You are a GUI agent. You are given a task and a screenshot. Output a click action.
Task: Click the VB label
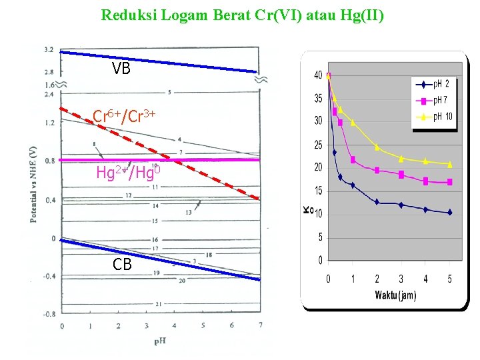(x=121, y=68)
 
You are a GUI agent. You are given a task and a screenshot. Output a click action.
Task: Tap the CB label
(x=122, y=265)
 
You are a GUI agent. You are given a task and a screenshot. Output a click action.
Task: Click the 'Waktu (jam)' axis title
(x=395, y=295)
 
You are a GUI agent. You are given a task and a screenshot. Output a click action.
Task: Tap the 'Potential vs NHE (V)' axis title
(x=33, y=184)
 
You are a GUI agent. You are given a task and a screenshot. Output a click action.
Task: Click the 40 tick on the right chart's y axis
(x=318, y=75)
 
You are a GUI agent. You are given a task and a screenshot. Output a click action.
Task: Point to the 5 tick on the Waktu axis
(x=449, y=279)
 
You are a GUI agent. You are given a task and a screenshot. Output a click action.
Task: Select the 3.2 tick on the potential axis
(x=49, y=50)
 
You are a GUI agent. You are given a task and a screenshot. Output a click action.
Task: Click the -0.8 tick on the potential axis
(x=48, y=313)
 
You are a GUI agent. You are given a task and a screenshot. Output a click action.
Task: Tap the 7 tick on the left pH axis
(x=260, y=325)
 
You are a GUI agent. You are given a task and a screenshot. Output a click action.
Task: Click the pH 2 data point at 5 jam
(x=450, y=213)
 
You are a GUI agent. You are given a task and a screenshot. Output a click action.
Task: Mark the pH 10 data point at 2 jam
(x=377, y=147)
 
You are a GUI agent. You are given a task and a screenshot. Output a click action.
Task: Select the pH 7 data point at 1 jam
(x=353, y=160)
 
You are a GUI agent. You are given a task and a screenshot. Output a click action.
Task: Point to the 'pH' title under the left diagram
(x=160, y=341)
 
